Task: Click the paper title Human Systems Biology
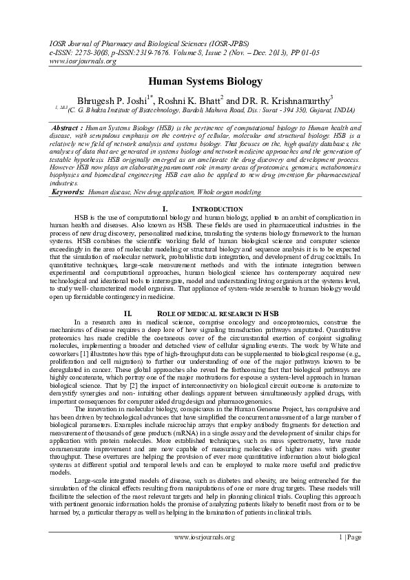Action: click(205, 81)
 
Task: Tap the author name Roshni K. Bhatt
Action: click(196, 101)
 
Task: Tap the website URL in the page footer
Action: click(205, 537)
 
